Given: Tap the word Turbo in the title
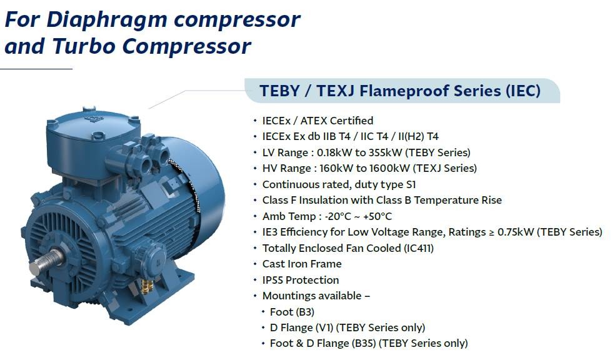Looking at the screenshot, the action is (84, 46).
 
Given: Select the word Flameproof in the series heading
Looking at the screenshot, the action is (429, 91).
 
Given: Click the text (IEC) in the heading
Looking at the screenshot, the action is (523, 91).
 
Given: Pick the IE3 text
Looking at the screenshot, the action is (269, 232).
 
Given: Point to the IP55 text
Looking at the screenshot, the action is (273, 280).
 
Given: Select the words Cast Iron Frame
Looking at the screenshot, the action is (302, 264).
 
